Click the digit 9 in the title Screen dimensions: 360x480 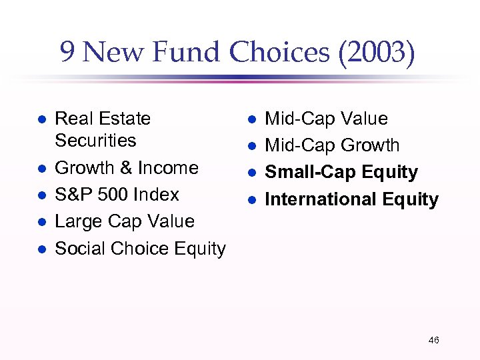tap(68, 53)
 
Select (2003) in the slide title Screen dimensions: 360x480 tap(376, 53)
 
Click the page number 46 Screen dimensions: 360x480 tap(433, 341)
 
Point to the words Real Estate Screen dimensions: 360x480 tap(103, 119)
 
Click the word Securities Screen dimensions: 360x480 tap(95, 141)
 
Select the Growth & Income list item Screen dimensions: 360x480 tap(127, 168)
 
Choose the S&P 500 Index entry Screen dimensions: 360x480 tap(117, 195)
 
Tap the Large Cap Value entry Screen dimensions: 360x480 tap(125, 221)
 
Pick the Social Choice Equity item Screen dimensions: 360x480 tap(140, 249)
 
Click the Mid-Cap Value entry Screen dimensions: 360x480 tap(326, 119)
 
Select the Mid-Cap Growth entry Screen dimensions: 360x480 tap(332, 145)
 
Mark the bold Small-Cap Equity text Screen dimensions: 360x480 tap(341, 172)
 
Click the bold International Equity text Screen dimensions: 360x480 tap(351, 199)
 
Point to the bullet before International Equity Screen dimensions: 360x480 tap(252, 200)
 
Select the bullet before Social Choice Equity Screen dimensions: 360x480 tap(41, 249)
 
